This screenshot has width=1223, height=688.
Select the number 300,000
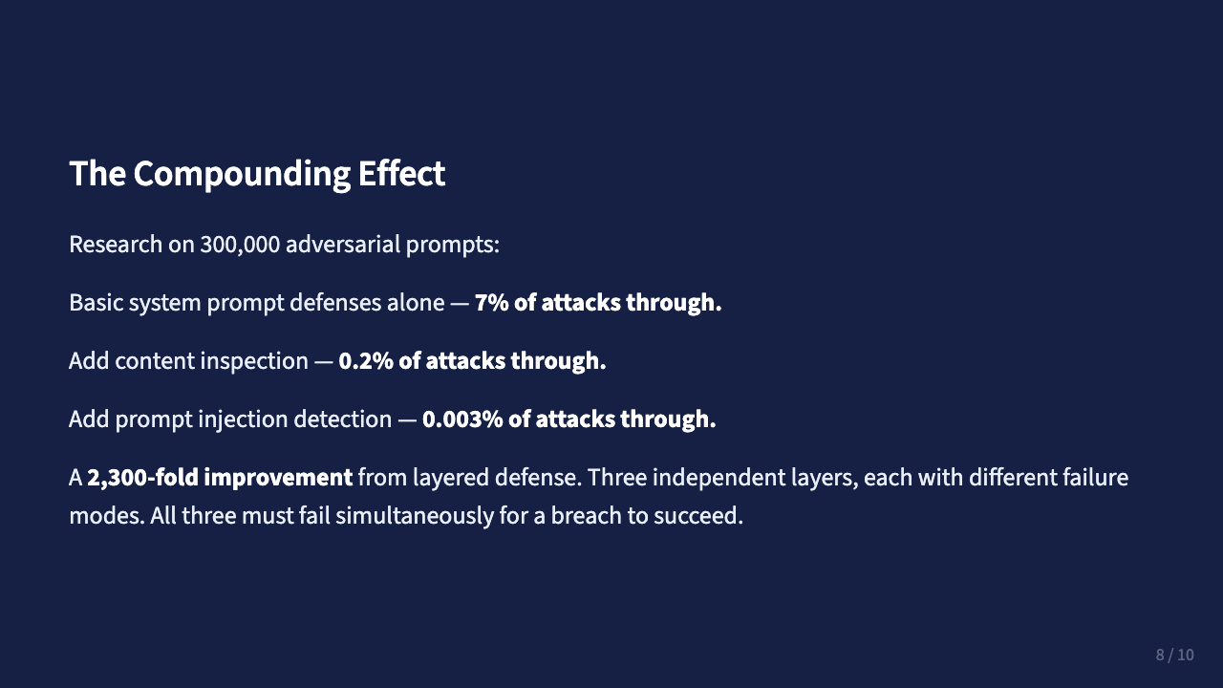pos(240,245)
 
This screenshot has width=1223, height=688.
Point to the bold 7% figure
pos(491,303)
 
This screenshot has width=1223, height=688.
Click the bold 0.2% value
pos(361,361)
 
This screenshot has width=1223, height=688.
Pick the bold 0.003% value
pos(462,419)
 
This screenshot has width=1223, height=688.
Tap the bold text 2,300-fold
pos(142,478)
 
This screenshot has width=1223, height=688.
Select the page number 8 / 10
pos(1174,655)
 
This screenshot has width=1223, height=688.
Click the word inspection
pos(258,361)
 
